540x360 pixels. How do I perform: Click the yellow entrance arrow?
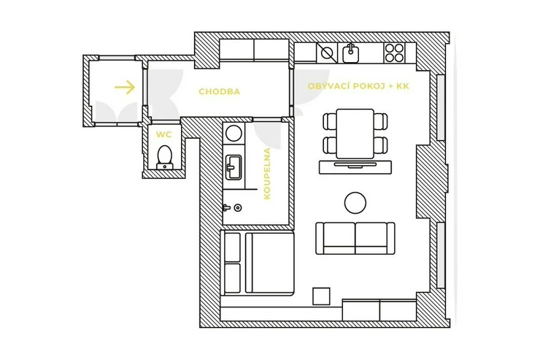125,87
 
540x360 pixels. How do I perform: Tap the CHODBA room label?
220,91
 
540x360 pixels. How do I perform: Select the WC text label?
163,134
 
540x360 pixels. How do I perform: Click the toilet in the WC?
165,158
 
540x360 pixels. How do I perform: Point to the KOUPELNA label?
267,173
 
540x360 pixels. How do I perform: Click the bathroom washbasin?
234,167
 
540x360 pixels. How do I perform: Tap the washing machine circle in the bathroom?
234,134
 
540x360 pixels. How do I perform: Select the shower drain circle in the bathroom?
238,207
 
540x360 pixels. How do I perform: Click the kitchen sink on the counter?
350,53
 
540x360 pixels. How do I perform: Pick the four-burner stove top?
394,53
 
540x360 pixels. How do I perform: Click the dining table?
355,134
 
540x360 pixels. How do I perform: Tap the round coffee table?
355,203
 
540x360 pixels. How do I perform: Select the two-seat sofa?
355,238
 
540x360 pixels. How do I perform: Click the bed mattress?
269,263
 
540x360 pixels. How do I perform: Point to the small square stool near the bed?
321,296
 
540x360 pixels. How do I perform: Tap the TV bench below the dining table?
355,167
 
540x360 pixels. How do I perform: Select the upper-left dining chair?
330,121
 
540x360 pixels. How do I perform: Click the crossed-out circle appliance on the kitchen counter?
327,53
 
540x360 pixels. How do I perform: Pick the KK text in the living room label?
403,86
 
